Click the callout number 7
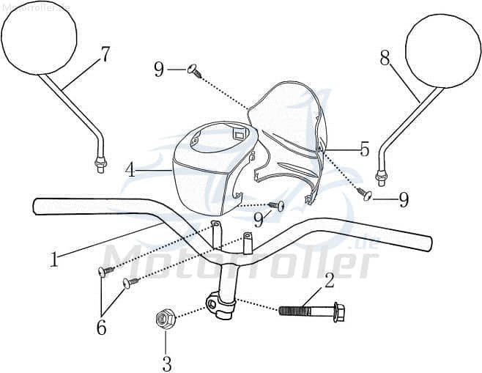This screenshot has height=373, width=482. tap(105, 54)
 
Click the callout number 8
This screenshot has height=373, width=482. tap(385, 58)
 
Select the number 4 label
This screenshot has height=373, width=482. tap(130, 170)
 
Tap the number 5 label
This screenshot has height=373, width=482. tap(364, 149)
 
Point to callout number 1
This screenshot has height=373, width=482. tap(53, 259)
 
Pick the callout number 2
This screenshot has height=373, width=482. tap(329, 279)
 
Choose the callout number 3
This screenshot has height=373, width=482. tap(166, 361)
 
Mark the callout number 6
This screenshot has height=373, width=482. tap(101, 327)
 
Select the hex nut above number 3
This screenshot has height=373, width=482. tap(165, 319)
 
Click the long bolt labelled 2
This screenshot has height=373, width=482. tap(311, 311)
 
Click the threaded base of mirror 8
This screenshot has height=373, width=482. tap(381, 177)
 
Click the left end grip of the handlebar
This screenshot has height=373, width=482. tap(51, 207)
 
